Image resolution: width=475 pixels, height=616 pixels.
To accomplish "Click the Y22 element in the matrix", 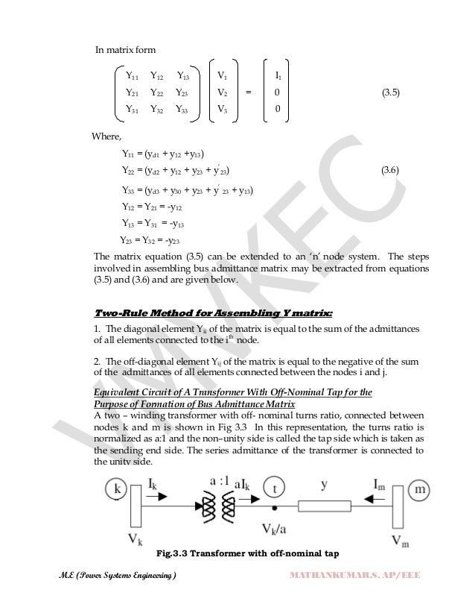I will tap(158, 93).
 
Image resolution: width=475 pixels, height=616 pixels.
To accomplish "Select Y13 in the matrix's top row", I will tap(183, 75).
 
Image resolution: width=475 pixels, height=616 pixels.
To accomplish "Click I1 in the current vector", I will tap(278, 75).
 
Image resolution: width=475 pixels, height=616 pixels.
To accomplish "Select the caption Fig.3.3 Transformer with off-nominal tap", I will tap(248, 554).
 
